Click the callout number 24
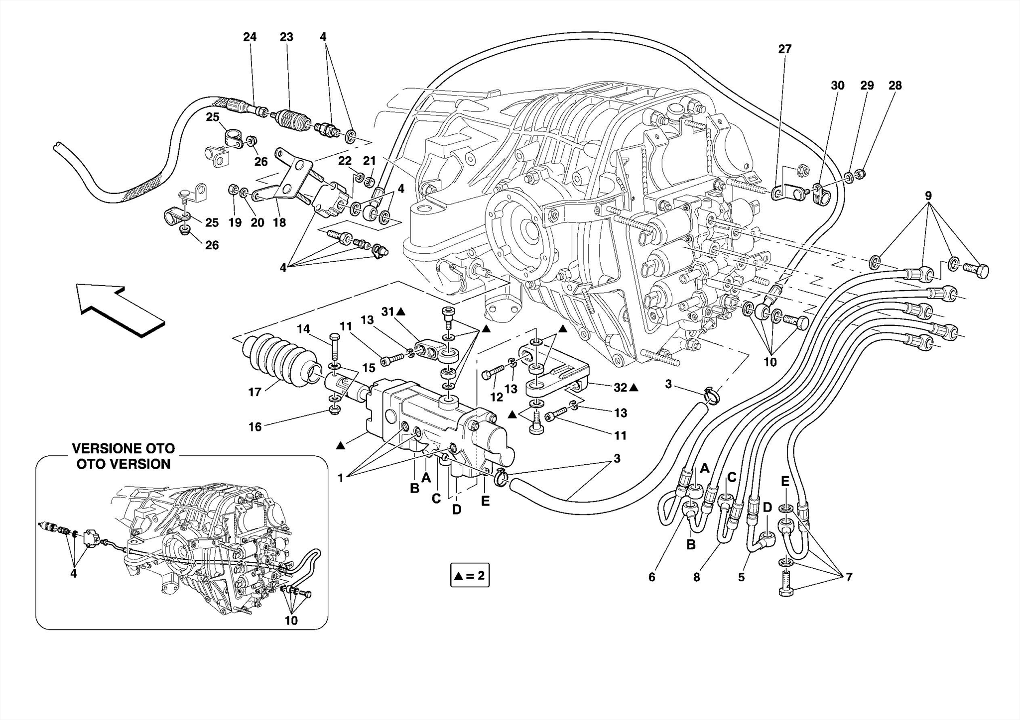[250, 37]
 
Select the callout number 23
[286, 37]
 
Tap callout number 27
[785, 49]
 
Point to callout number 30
[838, 86]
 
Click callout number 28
[895, 85]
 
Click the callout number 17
[255, 392]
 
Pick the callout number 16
[255, 427]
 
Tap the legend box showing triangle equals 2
[470, 576]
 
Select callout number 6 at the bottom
[651, 577]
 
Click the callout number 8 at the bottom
[696, 577]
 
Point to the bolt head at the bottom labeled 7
[785, 591]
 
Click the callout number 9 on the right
[928, 196]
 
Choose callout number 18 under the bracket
[279, 222]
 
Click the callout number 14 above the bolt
[303, 329]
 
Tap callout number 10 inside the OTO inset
[291, 620]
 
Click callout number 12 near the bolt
[497, 398]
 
